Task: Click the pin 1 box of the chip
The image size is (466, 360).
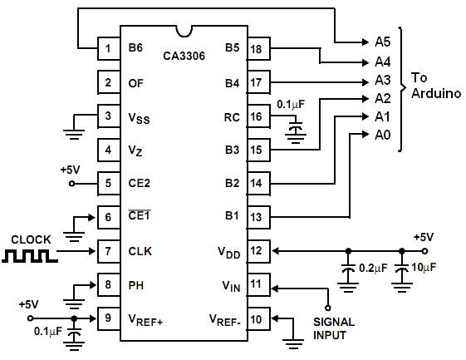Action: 109,48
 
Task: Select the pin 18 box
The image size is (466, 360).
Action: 259,49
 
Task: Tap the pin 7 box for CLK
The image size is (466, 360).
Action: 109,251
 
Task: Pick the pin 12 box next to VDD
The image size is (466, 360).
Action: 259,251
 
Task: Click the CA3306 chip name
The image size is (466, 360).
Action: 184,56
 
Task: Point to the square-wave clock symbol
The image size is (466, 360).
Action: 30,256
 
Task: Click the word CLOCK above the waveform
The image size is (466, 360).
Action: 31,239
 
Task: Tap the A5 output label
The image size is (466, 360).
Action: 382,42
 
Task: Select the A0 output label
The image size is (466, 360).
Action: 382,135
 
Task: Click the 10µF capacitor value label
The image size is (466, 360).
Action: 424,268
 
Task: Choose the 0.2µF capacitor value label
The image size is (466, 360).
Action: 373,268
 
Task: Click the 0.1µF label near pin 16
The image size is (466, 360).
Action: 291,105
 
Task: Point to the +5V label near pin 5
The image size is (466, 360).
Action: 70,170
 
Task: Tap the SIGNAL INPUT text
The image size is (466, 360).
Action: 334,328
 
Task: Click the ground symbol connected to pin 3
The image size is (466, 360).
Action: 74,134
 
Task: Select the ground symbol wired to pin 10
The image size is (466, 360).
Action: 293,343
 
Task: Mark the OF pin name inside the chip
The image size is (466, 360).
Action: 136,83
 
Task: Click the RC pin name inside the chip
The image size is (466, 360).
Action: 232,117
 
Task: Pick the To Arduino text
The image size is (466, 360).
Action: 436,86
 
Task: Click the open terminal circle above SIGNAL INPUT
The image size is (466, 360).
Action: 328,308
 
